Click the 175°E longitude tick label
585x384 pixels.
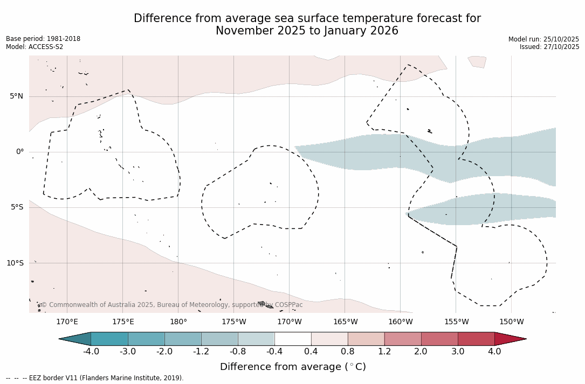click(123, 322)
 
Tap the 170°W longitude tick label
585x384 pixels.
click(290, 322)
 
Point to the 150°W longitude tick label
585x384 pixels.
click(512, 322)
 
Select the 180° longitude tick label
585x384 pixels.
click(178, 322)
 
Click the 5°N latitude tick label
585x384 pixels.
click(16, 96)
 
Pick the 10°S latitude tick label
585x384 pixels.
click(15, 263)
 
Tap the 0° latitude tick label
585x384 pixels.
click(19, 152)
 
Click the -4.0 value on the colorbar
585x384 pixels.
click(91, 352)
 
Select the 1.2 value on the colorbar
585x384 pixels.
click(384, 352)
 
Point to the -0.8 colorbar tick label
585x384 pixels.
click(238, 352)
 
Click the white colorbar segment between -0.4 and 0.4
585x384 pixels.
click(293, 339)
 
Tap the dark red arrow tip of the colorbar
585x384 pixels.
click(510, 339)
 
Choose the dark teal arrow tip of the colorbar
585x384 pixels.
click(75, 339)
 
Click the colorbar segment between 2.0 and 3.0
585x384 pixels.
click(439, 339)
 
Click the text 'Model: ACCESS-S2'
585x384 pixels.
click(35, 47)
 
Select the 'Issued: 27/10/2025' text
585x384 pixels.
click(549, 47)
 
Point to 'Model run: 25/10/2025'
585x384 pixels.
click(543, 39)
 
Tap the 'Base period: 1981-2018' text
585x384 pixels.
click(43, 39)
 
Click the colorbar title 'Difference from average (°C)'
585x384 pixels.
click(293, 367)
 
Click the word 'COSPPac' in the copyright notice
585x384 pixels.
click(288, 305)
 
